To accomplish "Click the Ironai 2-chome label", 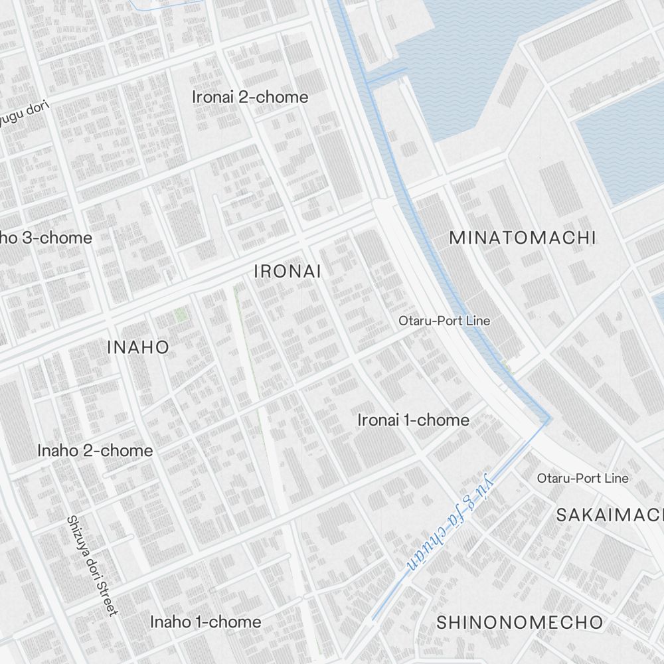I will pos(250,97).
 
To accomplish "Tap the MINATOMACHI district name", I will pos(523,238).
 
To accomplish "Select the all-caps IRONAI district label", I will pos(288,271).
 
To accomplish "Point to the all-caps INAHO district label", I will pos(138,347).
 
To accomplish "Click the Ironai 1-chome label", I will pos(413,420).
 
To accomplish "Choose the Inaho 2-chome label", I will pos(95,450).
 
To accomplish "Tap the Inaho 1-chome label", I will pos(205,622).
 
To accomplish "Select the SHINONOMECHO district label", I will pos(520,622).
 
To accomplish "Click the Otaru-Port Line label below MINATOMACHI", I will pos(444,321).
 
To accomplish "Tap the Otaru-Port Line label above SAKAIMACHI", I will pos(582,478).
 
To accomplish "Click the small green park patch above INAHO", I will pos(180,315).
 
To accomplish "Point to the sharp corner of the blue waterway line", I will pos(549,419).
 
